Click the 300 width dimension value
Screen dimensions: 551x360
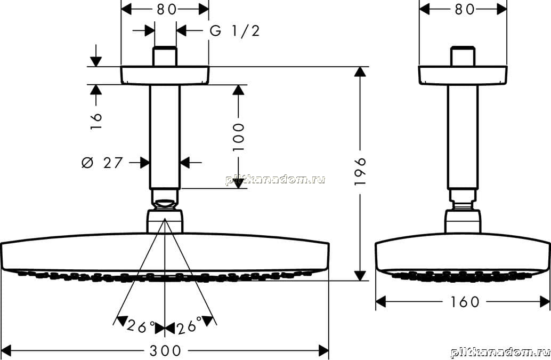click(165, 350)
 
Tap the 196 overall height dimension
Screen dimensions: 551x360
click(360, 172)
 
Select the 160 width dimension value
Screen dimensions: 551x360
click(464, 302)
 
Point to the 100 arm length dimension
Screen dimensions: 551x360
click(238, 137)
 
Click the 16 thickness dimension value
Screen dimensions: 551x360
click(96, 121)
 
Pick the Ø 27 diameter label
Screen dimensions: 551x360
click(102, 163)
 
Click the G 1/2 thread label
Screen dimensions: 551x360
click(235, 30)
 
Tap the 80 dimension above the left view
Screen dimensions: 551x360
click(167, 10)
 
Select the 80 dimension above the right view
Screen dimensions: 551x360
click(465, 10)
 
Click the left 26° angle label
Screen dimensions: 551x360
click(141, 326)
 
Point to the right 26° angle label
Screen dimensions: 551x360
click(189, 325)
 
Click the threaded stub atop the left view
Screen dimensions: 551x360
click(165, 56)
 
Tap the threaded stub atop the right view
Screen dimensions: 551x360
click(463, 56)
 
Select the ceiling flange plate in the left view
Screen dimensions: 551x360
click(165, 75)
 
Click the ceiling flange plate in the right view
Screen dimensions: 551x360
click(463, 75)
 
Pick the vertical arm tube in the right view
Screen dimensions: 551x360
click(463, 137)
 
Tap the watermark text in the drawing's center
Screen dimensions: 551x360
click(275, 180)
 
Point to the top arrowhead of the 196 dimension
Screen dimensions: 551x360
click(360, 71)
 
